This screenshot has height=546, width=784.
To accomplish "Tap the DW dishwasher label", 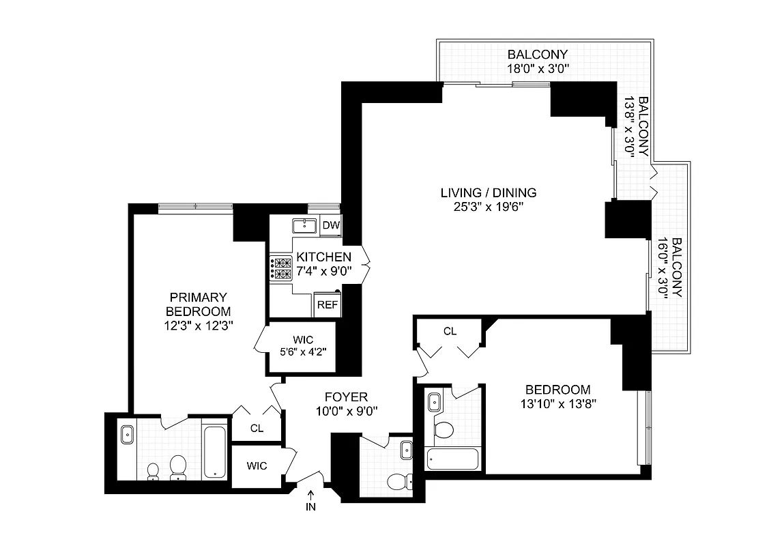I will [x=331, y=226].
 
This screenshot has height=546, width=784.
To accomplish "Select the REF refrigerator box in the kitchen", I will [x=327, y=305].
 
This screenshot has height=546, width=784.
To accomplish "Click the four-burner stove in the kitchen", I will [x=282, y=268].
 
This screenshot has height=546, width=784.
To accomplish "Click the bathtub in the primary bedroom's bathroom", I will [x=214, y=450].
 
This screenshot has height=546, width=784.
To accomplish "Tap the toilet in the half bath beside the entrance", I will [x=398, y=482].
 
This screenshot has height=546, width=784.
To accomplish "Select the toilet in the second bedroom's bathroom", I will [x=444, y=430].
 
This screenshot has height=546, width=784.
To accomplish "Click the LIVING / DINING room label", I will [x=488, y=192].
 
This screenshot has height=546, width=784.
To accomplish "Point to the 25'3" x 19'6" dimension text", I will [x=488, y=206].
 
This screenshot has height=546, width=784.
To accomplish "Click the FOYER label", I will [x=345, y=397].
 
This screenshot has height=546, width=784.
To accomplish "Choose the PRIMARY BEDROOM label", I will [x=198, y=304].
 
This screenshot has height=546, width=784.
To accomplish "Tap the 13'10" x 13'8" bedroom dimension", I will [x=557, y=403].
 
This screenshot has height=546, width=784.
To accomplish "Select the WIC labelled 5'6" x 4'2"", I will [x=304, y=347].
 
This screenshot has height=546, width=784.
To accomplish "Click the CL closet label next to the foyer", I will [x=257, y=429].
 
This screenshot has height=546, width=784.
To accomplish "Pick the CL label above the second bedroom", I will [x=450, y=331].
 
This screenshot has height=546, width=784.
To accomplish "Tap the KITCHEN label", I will [x=323, y=257].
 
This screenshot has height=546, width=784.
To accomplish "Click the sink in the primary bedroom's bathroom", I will [x=127, y=434].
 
